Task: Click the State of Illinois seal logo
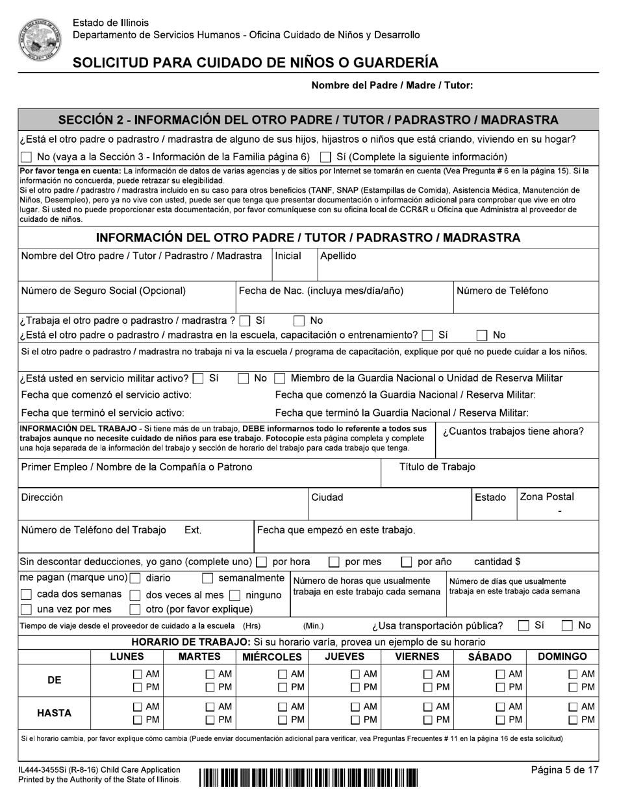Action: (40, 40)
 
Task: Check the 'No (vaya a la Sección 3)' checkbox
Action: (26, 157)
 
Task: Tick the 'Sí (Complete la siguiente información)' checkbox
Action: (326, 157)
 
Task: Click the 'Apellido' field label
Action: (338, 256)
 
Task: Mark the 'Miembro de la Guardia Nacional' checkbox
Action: (279, 378)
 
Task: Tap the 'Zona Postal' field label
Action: (546, 497)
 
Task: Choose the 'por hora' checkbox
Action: (262, 562)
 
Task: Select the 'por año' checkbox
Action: (407, 562)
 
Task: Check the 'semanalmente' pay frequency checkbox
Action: (208, 579)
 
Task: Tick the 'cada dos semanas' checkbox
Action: (26, 595)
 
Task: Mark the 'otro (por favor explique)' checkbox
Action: (135, 610)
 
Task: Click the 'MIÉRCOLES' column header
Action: (272, 657)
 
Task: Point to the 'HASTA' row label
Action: (54, 713)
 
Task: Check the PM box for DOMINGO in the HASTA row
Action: (573, 720)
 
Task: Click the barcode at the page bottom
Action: (308, 777)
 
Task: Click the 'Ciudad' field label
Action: (327, 498)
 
